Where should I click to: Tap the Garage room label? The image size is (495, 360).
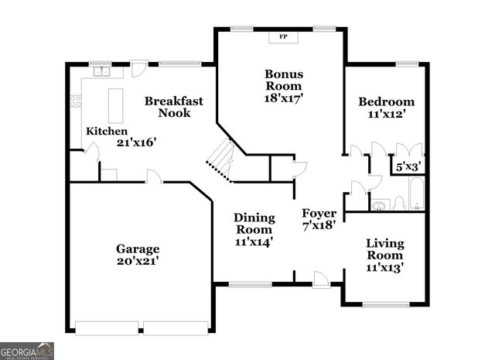pos(138,249)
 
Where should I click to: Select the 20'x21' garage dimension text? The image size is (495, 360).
pos(138,262)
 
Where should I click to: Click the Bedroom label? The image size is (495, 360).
pos(386,101)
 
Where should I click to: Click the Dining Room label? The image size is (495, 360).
pos(254,223)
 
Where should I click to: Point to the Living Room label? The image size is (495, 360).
pos(384,249)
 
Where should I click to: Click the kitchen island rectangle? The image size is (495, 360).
pos(116,105)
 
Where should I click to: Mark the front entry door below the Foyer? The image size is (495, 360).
pos(321,279)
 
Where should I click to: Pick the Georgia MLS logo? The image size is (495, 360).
pos(27,350)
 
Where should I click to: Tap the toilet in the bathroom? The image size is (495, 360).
pos(399,204)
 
